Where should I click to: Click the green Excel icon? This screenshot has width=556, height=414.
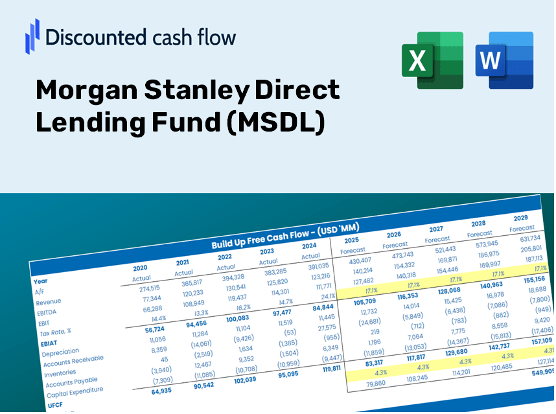[x=432, y=60]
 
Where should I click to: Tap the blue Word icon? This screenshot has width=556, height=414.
[x=504, y=60]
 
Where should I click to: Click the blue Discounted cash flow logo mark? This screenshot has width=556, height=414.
[x=32, y=36]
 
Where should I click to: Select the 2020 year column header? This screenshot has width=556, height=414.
[x=140, y=268]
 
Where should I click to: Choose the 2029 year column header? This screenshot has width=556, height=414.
[x=520, y=218]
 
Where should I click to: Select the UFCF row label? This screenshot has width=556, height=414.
[x=55, y=405]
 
